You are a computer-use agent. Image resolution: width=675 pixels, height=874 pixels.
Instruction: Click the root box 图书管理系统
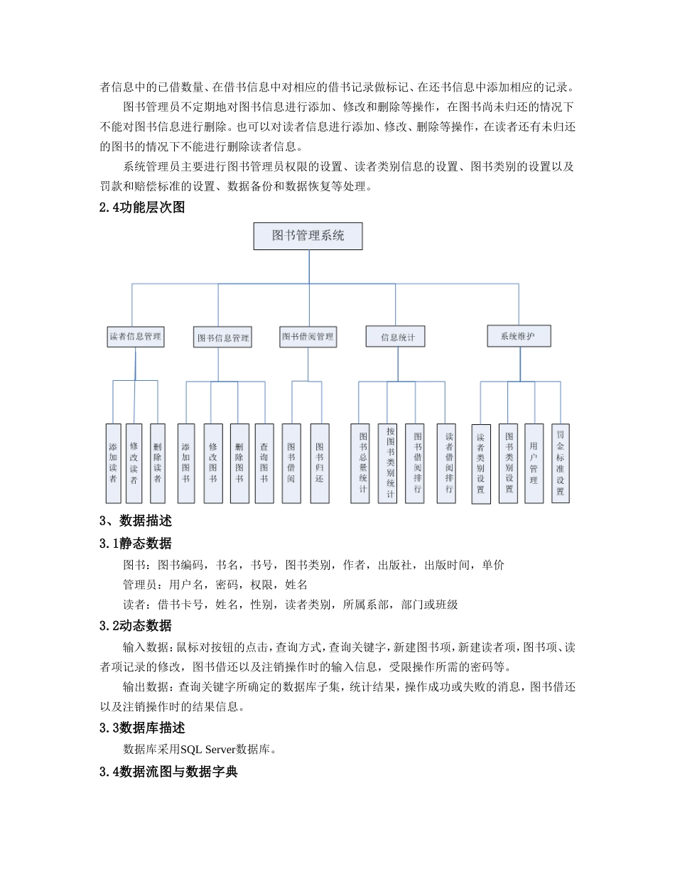pos(308,236)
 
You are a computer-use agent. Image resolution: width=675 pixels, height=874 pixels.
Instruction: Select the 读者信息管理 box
pos(135,337)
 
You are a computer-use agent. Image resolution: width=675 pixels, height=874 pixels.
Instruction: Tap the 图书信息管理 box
pos(223,338)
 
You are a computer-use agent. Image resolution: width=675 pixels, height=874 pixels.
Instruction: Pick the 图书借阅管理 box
pos(308,337)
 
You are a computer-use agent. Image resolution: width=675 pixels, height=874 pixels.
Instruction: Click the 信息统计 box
pos(395,337)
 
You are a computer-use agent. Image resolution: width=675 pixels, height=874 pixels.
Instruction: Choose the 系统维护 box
pos(519,336)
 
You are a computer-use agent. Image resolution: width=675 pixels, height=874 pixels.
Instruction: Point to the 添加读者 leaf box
pos(113,463)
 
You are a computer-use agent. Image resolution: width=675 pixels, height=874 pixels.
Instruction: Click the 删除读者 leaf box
pos(157,463)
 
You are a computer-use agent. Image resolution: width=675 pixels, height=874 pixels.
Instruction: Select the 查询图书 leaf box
pos(264,463)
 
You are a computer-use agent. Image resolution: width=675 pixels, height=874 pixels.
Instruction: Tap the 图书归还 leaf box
pos(320,463)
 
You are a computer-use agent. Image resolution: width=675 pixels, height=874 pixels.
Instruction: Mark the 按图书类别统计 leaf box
pos(387,463)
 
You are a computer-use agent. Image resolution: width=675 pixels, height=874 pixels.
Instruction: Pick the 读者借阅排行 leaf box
pos(446,463)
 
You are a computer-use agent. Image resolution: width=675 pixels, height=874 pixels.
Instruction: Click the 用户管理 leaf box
pos(534,463)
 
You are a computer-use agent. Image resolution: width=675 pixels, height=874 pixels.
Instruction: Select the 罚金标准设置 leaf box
pos(561,463)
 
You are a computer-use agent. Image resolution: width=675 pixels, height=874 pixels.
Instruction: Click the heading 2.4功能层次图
pos(143,208)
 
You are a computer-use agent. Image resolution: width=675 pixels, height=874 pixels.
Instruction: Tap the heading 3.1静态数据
pos(136,544)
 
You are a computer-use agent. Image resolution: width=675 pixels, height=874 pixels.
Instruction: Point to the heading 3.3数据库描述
pos(142,728)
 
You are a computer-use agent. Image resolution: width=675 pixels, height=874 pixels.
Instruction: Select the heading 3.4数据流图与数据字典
pos(168,771)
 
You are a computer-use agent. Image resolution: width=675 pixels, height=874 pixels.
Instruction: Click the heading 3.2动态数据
pos(136,626)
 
